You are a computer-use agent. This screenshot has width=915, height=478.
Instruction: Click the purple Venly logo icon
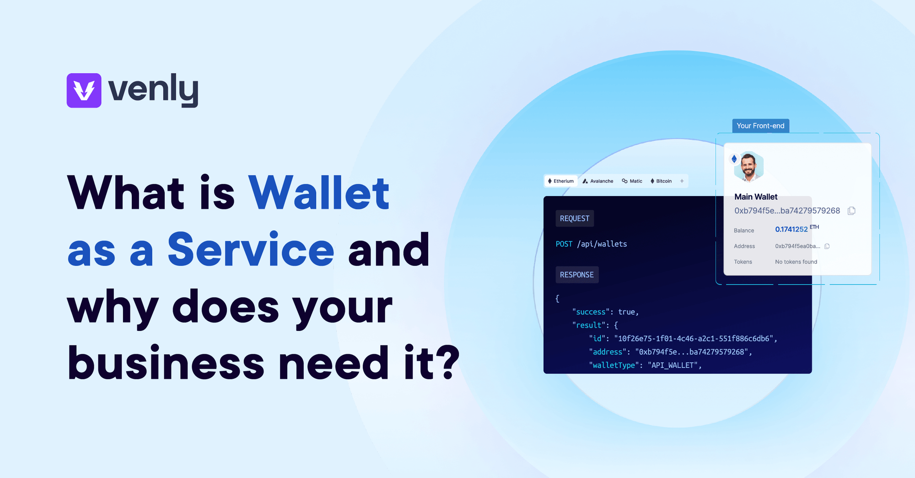[84, 90]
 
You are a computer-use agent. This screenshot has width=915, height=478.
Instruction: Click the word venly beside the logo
[153, 90]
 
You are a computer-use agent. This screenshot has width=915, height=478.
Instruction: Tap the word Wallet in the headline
[319, 193]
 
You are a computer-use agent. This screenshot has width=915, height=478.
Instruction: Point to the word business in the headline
[166, 363]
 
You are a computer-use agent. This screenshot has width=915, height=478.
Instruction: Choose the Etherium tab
[561, 181]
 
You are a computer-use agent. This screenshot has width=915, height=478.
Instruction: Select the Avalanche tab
[598, 181]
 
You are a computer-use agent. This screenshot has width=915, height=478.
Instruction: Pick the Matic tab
[632, 181]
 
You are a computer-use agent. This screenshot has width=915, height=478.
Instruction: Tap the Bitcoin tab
[661, 181]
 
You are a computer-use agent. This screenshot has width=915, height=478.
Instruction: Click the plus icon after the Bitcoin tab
[682, 181]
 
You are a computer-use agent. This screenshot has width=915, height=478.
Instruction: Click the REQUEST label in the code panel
[575, 218]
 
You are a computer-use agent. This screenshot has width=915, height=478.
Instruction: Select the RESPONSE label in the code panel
[577, 275]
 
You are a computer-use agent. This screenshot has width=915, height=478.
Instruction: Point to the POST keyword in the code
[564, 244]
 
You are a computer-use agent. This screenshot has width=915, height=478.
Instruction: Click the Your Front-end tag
[760, 126]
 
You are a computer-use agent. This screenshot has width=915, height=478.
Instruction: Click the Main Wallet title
[756, 197]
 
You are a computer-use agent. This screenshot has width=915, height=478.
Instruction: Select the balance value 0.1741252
[791, 229]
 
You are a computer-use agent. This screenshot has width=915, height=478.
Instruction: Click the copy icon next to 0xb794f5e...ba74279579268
[851, 211]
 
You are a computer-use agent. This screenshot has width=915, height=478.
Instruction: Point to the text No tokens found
[796, 262]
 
